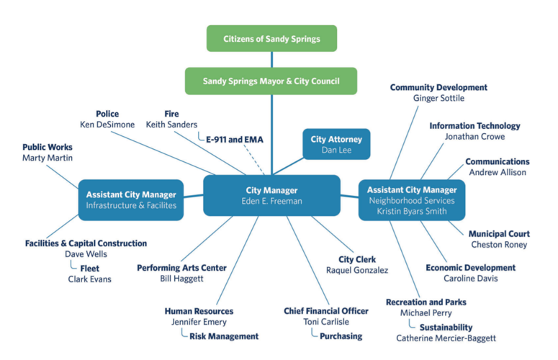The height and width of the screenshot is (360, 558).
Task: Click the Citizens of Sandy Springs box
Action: (271, 38)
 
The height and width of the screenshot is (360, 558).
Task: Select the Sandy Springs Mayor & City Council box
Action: (271, 81)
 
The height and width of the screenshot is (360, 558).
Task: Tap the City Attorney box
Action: (336, 144)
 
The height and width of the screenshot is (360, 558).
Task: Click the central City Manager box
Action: (271, 195)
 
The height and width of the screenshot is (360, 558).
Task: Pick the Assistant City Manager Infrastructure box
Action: (130, 199)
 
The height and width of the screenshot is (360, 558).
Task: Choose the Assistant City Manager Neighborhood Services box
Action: (411, 200)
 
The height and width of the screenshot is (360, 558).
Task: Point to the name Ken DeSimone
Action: (107, 125)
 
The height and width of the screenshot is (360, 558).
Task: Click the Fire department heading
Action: (171, 114)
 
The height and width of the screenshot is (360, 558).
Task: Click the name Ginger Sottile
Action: (438, 99)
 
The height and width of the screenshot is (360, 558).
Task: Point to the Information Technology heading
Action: (474, 126)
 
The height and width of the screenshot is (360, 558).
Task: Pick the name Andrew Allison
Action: (497, 173)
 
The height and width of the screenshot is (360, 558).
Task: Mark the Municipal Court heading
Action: (499, 234)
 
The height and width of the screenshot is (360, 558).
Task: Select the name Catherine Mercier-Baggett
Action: (446, 338)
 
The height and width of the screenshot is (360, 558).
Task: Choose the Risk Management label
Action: (223, 336)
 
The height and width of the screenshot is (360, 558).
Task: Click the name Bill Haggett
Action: (181, 279)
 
